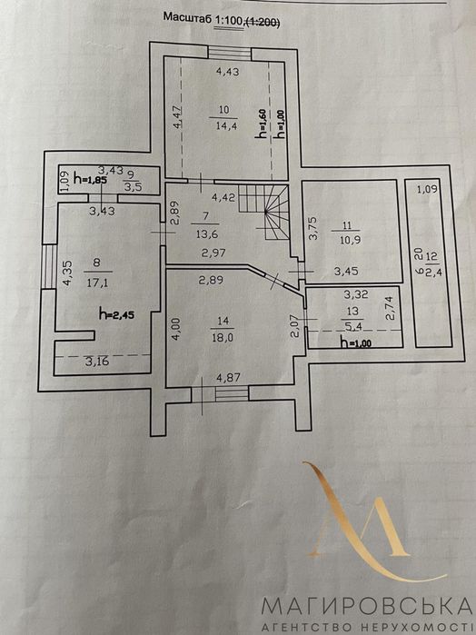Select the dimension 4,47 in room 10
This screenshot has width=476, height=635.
[x=178, y=116]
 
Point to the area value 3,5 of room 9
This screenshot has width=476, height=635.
[x=131, y=189]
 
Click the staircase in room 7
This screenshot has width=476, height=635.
[x=263, y=212]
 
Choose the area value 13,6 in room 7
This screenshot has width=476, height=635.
[x=205, y=234]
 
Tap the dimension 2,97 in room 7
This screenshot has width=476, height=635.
[x=213, y=253]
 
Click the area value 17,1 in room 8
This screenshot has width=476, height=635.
[x=96, y=283]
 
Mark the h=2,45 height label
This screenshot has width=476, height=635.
[x=116, y=313]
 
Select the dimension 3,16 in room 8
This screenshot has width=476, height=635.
[x=97, y=362]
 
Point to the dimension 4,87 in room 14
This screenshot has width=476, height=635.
[x=229, y=378]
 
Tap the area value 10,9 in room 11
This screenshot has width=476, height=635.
[x=352, y=240]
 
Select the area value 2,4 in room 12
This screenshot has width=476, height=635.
[x=432, y=271]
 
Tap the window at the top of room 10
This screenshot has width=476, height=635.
[x=230, y=54]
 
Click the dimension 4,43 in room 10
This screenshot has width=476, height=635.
[x=228, y=72]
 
